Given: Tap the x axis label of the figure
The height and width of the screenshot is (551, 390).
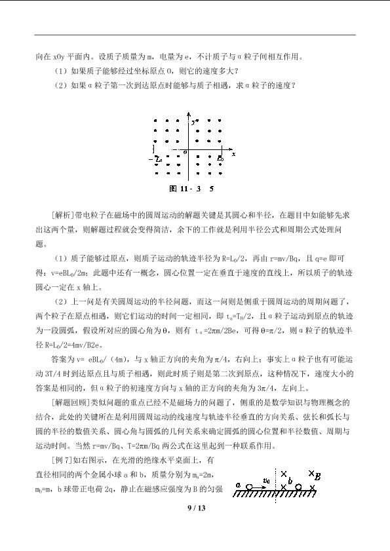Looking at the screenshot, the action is click(x=233, y=153).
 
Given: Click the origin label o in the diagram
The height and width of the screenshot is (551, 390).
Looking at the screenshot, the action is click(x=185, y=151).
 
